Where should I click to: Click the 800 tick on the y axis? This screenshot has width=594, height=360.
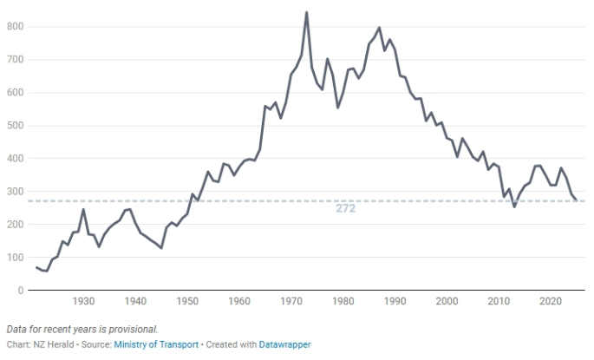(15, 27)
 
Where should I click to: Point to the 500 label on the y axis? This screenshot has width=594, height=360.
(15, 126)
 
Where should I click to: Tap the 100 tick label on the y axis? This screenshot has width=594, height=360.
(15, 258)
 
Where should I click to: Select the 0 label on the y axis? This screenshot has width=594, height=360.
(20, 291)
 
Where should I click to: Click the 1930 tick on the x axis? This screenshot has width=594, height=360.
(84, 301)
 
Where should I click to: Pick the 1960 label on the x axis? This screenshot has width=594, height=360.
(239, 301)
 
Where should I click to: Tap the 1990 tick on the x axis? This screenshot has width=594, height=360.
(395, 301)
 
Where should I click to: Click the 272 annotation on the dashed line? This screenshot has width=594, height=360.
(346, 209)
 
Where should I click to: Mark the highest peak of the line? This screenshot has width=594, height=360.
(307, 13)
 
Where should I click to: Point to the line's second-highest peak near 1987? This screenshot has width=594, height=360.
(380, 28)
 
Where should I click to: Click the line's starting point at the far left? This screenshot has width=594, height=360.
(36, 267)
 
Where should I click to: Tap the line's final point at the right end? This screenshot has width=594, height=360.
(577, 200)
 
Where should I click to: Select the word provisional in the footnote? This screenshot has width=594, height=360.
(133, 329)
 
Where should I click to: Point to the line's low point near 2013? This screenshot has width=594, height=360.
(514, 206)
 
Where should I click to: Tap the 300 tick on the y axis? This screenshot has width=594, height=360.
(15, 192)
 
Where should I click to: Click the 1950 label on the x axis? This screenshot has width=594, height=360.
(187, 301)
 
